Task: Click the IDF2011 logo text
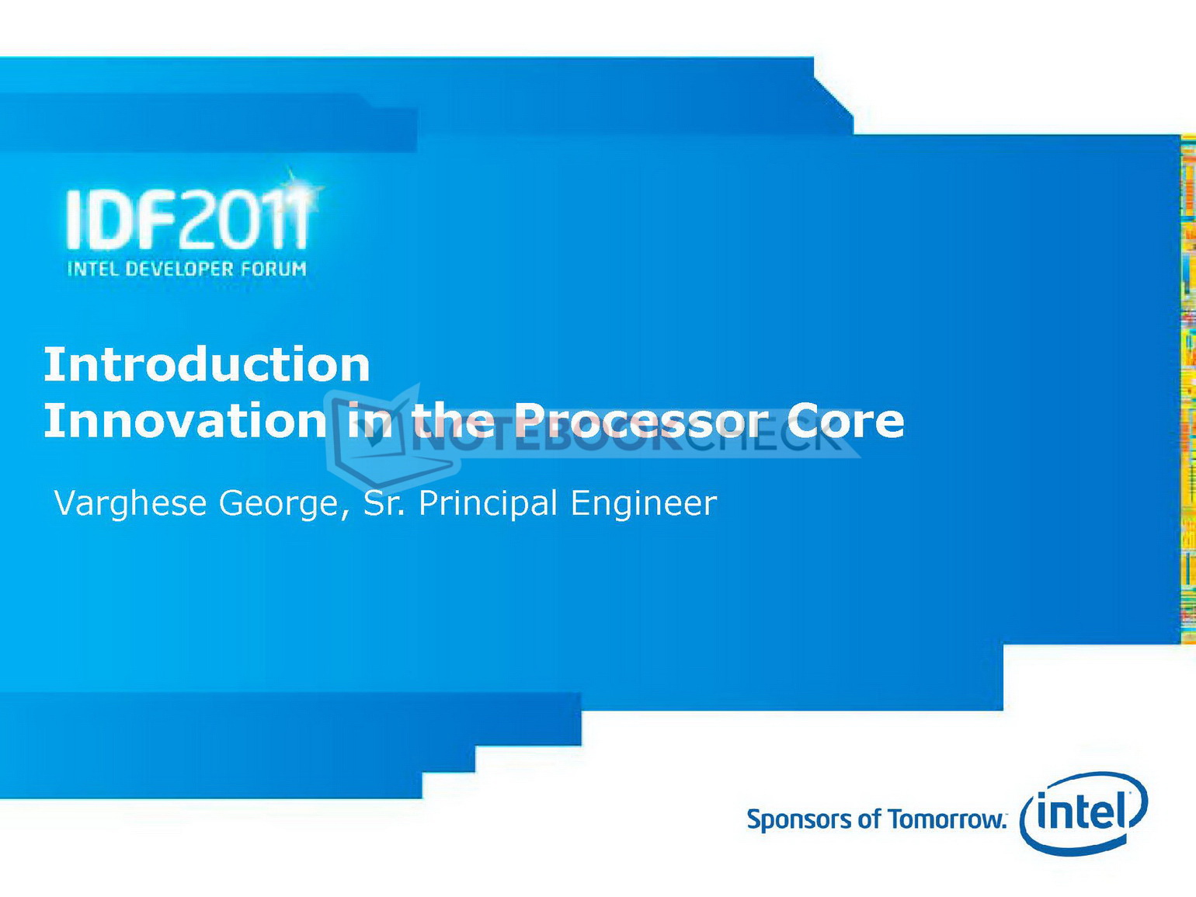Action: [187, 220]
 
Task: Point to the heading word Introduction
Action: [207, 363]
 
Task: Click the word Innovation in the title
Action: [186, 420]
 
